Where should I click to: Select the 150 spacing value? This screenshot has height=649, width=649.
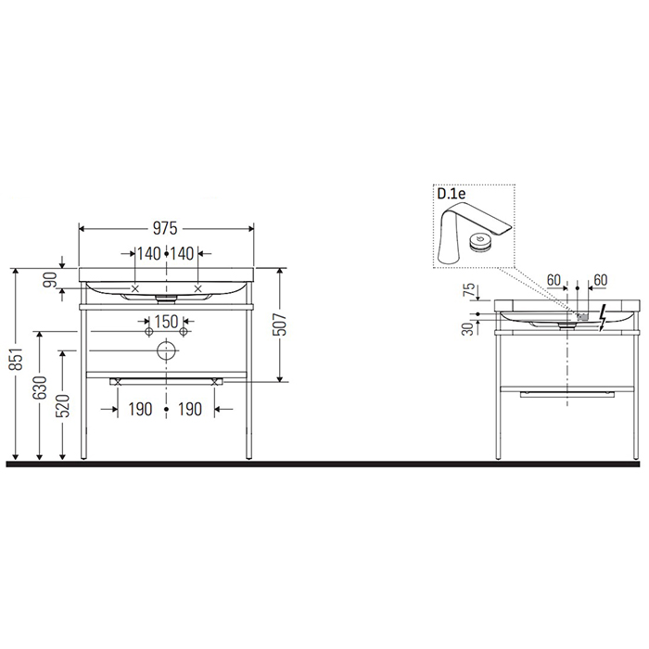(166, 321)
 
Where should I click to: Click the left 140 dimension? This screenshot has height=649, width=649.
(148, 253)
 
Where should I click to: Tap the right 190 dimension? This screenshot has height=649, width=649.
(190, 408)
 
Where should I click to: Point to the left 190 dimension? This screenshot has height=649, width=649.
(139, 408)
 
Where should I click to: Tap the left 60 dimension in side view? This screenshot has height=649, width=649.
(554, 279)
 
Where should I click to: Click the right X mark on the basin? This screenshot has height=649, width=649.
(198, 289)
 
